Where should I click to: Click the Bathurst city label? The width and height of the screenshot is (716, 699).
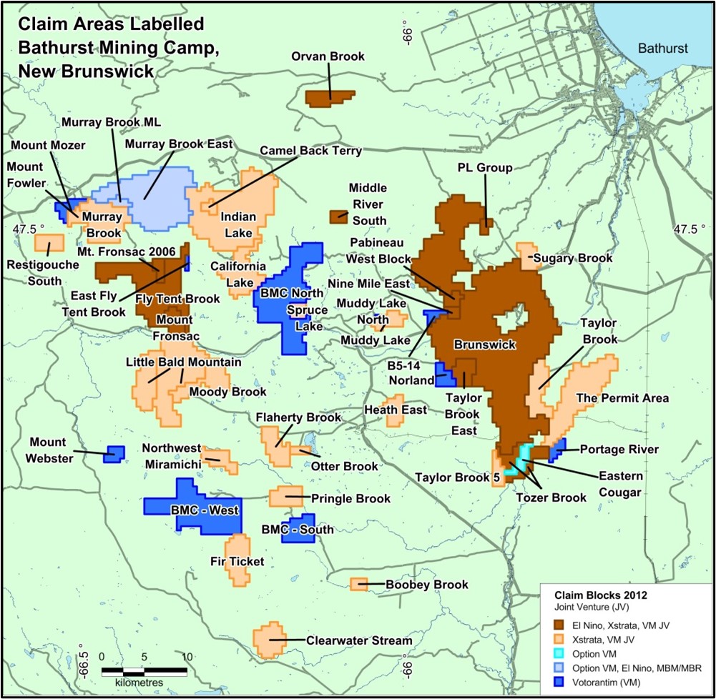pyautogui.click(x=662, y=49)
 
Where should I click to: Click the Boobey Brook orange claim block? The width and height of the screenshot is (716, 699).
pyautogui.click(x=358, y=584)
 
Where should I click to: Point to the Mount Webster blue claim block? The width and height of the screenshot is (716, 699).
pyautogui.click(x=113, y=453)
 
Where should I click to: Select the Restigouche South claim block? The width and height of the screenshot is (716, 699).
pyautogui.click(x=46, y=242)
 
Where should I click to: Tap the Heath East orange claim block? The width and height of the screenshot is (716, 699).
pyautogui.click(x=395, y=415)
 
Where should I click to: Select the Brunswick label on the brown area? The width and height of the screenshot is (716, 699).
pyautogui.click(x=485, y=344)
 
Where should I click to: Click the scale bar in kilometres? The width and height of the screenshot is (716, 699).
pyautogui.click(x=144, y=671)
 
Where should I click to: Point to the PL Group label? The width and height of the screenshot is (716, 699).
pyautogui.click(x=484, y=169)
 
